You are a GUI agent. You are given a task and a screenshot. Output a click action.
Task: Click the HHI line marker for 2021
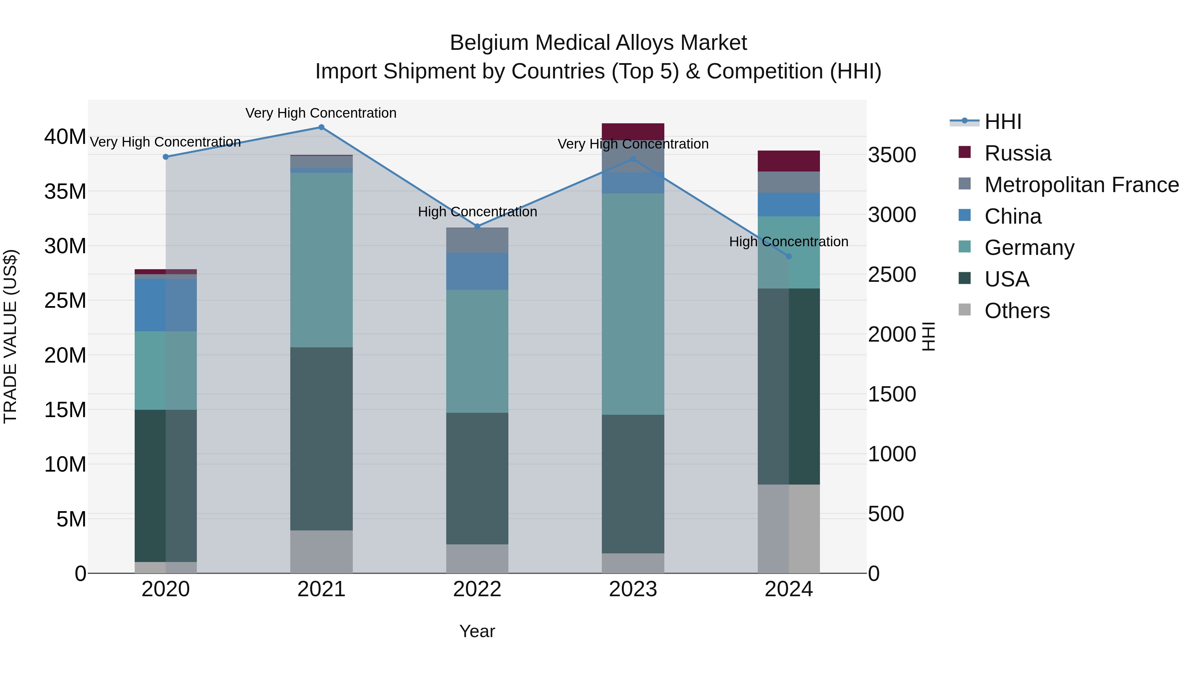click(x=321, y=127)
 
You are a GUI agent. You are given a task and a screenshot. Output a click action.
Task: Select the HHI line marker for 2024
click(x=789, y=256)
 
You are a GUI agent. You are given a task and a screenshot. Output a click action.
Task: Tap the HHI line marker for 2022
click(x=477, y=226)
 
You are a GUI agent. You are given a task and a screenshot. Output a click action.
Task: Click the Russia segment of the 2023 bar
click(x=633, y=131)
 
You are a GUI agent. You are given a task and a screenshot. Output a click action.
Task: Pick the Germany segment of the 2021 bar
click(x=321, y=260)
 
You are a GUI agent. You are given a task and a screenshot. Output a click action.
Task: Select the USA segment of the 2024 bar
click(x=789, y=387)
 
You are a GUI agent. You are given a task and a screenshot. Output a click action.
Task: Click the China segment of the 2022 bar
click(x=477, y=271)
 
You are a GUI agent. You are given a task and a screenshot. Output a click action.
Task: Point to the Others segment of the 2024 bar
click(x=789, y=528)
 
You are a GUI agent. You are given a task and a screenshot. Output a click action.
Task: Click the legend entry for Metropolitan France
click(x=1081, y=185)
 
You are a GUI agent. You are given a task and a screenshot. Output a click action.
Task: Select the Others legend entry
click(x=1017, y=311)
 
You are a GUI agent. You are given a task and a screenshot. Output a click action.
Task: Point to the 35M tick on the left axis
click(x=65, y=191)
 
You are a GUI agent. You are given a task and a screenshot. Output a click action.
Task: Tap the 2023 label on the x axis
click(x=633, y=589)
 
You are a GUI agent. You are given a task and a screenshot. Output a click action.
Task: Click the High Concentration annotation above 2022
click(x=477, y=212)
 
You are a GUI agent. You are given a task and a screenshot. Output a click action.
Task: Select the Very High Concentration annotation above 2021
click(x=321, y=113)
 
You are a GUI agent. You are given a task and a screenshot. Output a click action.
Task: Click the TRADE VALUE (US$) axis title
click(x=10, y=336)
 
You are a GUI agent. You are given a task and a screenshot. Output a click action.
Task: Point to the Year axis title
click(x=477, y=631)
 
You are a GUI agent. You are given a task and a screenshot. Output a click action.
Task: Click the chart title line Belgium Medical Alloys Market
click(x=598, y=43)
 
